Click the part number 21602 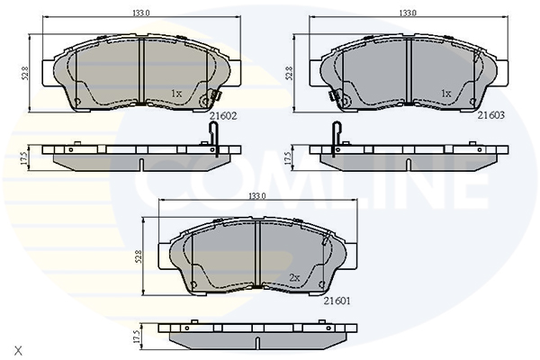tap(223, 116)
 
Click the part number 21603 tap(490, 115)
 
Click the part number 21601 tap(337, 301)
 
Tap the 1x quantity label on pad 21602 tap(176, 94)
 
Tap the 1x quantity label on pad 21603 tap(446, 94)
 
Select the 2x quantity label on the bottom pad tap(294, 277)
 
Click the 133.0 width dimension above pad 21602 tap(141, 13)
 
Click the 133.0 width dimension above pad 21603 tap(408, 13)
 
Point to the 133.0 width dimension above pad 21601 tap(257, 196)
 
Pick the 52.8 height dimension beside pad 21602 tap(26, 74)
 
